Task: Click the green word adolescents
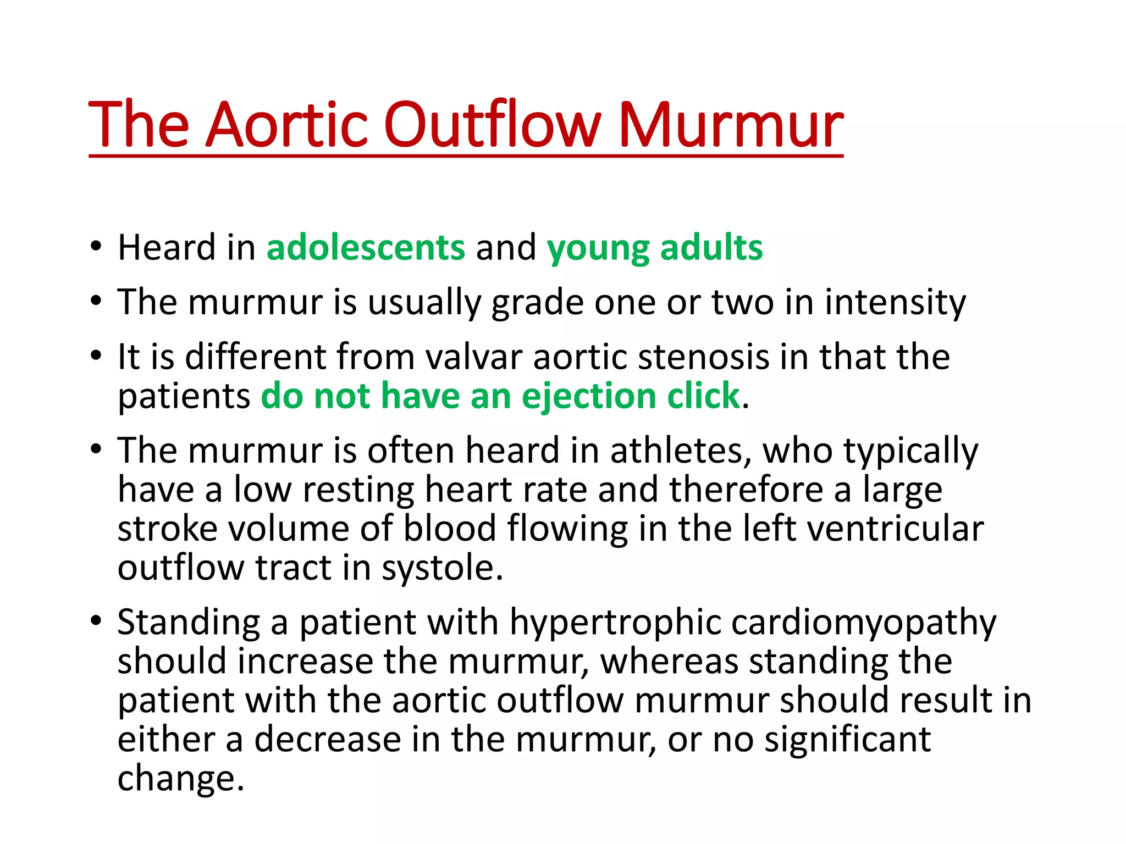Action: (366, 248)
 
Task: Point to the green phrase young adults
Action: (654, 248)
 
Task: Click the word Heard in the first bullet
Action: (166, 248)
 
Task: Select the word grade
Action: (537, 303)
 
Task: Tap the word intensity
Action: (895, 303)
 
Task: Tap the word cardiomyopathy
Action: (864, 623)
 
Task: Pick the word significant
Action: (848, 740)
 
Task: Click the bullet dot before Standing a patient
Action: (97, 621)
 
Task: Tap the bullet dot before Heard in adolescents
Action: (97, 246)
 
